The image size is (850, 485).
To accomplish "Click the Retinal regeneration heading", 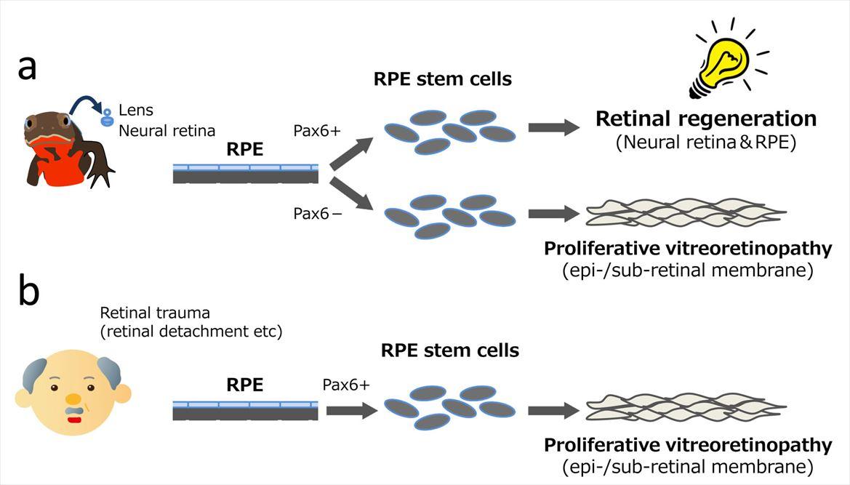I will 706,119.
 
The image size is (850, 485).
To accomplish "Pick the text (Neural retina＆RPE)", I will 706,143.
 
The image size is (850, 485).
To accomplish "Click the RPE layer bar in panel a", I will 245,173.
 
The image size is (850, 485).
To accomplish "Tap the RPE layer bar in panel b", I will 245,411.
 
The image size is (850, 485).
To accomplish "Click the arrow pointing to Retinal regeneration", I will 553,128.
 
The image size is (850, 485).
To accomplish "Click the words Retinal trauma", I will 155,313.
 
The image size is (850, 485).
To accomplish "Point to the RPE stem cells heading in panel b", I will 449,350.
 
